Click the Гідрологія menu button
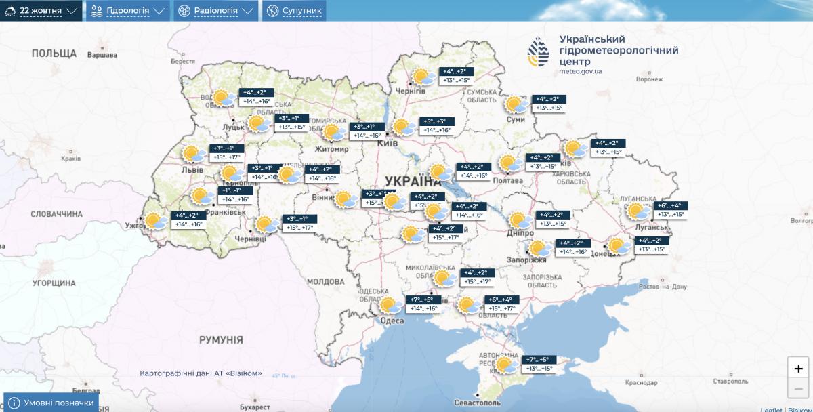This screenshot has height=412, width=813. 128,11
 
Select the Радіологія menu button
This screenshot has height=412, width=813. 216,11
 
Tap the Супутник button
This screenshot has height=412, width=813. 295,11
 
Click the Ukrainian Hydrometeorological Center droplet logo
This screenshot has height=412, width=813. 540,54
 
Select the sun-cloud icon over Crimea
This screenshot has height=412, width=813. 505,365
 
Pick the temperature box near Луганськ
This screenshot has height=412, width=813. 671,210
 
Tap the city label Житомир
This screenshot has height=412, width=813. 331,148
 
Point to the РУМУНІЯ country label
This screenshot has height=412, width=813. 221,340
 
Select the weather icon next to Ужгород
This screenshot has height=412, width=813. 157,220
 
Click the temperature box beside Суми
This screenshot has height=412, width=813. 549,104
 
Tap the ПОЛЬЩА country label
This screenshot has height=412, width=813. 54,53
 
